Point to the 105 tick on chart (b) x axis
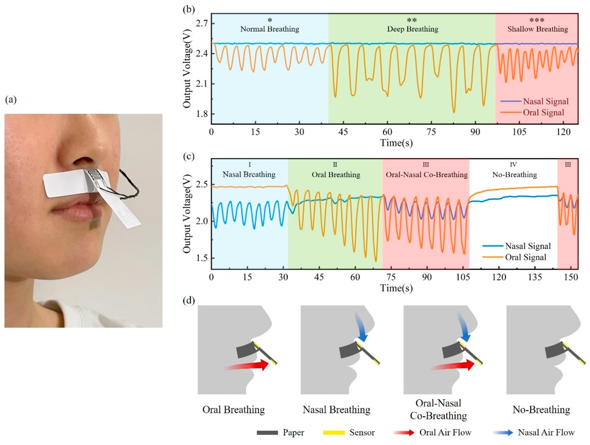519,132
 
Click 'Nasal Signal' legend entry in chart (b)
546,101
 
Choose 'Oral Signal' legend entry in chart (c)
525,257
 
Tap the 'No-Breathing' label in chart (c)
514,175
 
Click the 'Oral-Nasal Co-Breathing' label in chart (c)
427,175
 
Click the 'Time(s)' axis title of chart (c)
396,288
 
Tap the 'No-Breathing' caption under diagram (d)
541,410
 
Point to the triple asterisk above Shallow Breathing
537,20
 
